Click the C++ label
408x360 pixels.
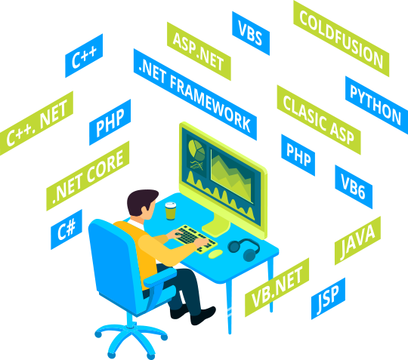tap(84, 56)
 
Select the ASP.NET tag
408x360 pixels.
tap(199, 51)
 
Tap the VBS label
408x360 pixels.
tap(251, 33)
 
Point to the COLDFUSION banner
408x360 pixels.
tap(341, 38)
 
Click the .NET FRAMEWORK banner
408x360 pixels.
tap(195, 94)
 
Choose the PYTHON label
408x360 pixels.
tap(376, 105)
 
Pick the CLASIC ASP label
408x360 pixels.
tap(319, 120)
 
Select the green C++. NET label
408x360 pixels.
tap(36, 124)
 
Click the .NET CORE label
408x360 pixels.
tap(88, 176)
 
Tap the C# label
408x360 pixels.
tap(66, 229)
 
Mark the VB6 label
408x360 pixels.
tap(354, 187)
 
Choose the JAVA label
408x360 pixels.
tap(357, 241)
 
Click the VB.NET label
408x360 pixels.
tap(277, 288)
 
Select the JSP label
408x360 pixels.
tap(328, 298)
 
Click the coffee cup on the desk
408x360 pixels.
tap(171, 211)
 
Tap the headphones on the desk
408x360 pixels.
tap(244, 249)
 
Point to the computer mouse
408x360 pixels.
tap(215, 254)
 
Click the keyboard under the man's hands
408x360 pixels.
tap(195, 239)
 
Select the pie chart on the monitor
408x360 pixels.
tap(196, 150)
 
